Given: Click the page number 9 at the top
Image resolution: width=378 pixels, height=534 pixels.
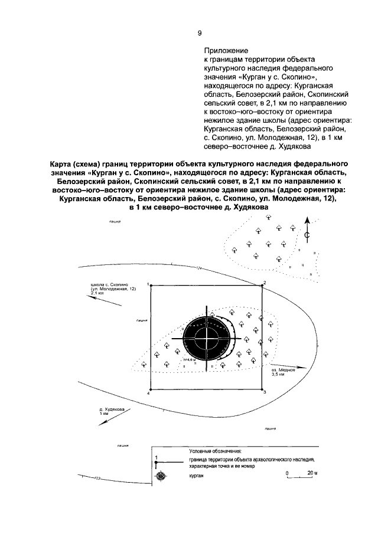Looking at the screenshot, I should coord(200,34).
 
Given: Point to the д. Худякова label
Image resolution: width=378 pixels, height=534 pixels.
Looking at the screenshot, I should coord(112,409).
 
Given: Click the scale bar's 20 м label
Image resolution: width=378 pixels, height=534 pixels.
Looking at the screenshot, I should coord(311,473).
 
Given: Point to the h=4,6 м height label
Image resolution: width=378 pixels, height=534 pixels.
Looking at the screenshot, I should coord(190,359).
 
